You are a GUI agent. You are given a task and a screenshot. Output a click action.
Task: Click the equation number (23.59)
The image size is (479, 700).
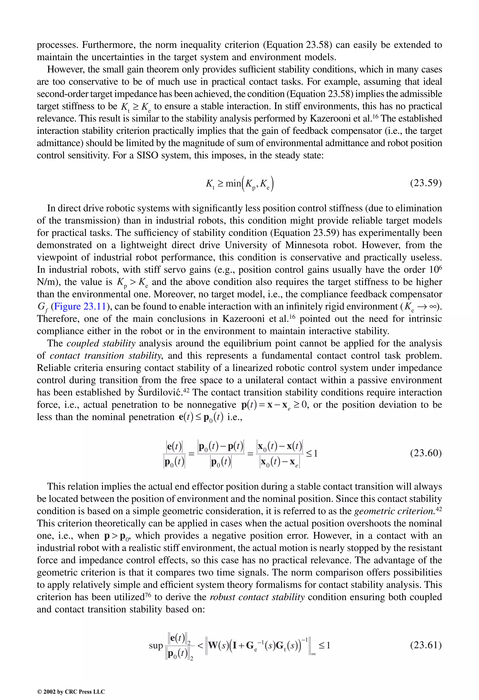pos(426,183)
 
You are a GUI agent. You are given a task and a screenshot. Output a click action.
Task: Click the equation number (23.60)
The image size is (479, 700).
pos(426,453)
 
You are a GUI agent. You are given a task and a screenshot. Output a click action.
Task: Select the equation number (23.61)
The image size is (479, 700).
pos(426,645)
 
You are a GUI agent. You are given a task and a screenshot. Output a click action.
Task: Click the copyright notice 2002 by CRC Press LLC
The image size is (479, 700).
pos(71,692)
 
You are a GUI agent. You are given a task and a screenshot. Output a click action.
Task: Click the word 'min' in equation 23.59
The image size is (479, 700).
pos(233,183)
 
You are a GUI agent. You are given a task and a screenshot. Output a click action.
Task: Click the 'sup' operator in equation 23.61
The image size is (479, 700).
pos(156,646)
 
